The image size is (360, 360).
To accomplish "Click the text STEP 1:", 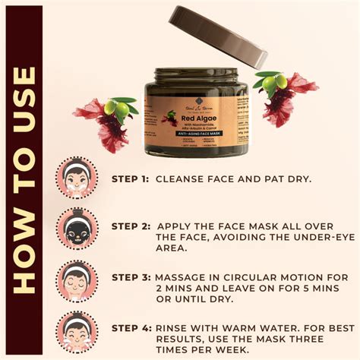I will (x=129, y=179).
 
